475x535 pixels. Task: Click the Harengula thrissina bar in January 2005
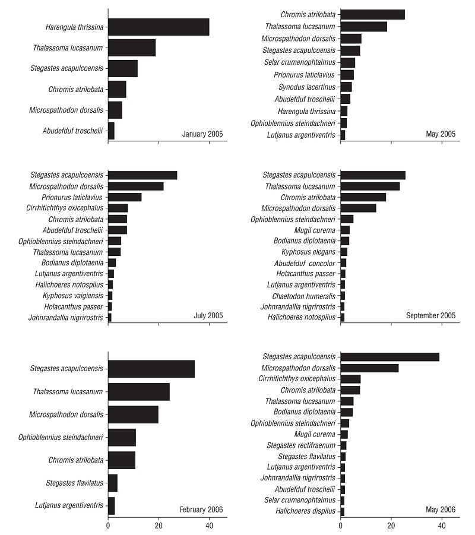pyautogui.click(x=159, y=27)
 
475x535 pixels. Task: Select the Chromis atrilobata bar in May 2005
pyautogui.click(x=372, y=14)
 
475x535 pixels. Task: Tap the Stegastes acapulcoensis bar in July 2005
pyautogui.click(x=142, y=175)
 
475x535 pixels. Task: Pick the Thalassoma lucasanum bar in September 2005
pyautogui.click(x=370, y=186)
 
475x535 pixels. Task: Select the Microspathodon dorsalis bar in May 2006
pyautogui.click(x=369, y=368)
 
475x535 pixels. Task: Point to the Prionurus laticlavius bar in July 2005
pyautogui.click(x=125, y=197)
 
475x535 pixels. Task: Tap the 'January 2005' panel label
pyautogui.click(x=202, y=134)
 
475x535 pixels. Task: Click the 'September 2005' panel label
pyautogui.click(x=430, y=315)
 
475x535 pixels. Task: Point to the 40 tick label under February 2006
pyautogui.click(x=209, y=525)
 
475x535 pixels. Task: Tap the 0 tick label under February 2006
pyautogui.click(x=108, y=525)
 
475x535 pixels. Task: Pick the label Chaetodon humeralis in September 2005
pyautogui.click(x=304, y=296)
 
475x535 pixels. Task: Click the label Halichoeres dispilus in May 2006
pyautogui.click(x=305, y=511)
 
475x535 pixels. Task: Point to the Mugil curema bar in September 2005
pyautogui.click(x=345, y=230)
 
